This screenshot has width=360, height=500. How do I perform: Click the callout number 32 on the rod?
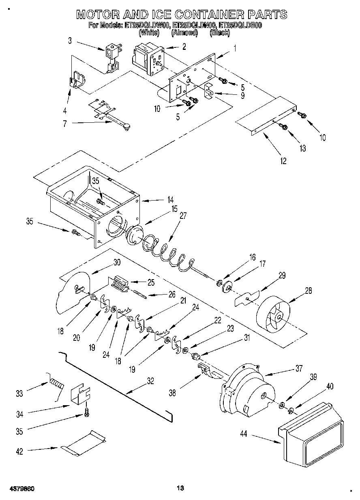(150, 380)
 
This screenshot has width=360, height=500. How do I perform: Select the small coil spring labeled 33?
(57, 383)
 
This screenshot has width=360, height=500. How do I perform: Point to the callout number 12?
(283, 161)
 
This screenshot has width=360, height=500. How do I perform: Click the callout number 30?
(117, 262)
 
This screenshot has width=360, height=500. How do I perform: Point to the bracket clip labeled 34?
(80, 395)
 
